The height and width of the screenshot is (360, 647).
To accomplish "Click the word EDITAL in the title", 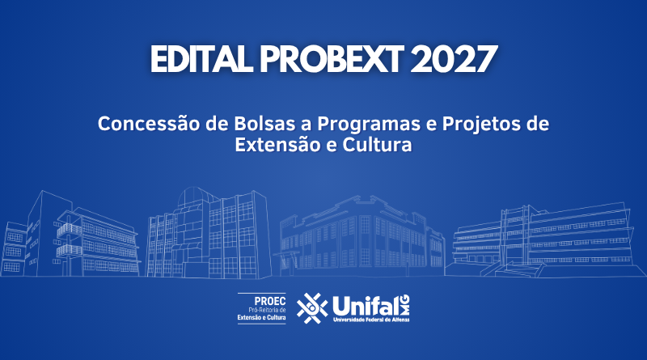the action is (x=201, y=59).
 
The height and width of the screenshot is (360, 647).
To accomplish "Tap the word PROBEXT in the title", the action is (x=332, y=59).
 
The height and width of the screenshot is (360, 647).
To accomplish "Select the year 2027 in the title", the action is (x=454, y=59).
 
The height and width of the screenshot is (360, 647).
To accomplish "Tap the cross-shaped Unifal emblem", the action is (x=312, y=308).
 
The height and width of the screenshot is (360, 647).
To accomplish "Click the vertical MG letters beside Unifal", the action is (x=405, y=305).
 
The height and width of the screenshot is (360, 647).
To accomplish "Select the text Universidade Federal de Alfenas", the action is (x=371, y=320).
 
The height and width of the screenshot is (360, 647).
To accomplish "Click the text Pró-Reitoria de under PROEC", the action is (x=267, y=310).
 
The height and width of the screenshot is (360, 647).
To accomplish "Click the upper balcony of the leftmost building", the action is (x=69, y=230).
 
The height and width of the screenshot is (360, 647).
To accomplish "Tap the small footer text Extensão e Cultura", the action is (x=261, y=317).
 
